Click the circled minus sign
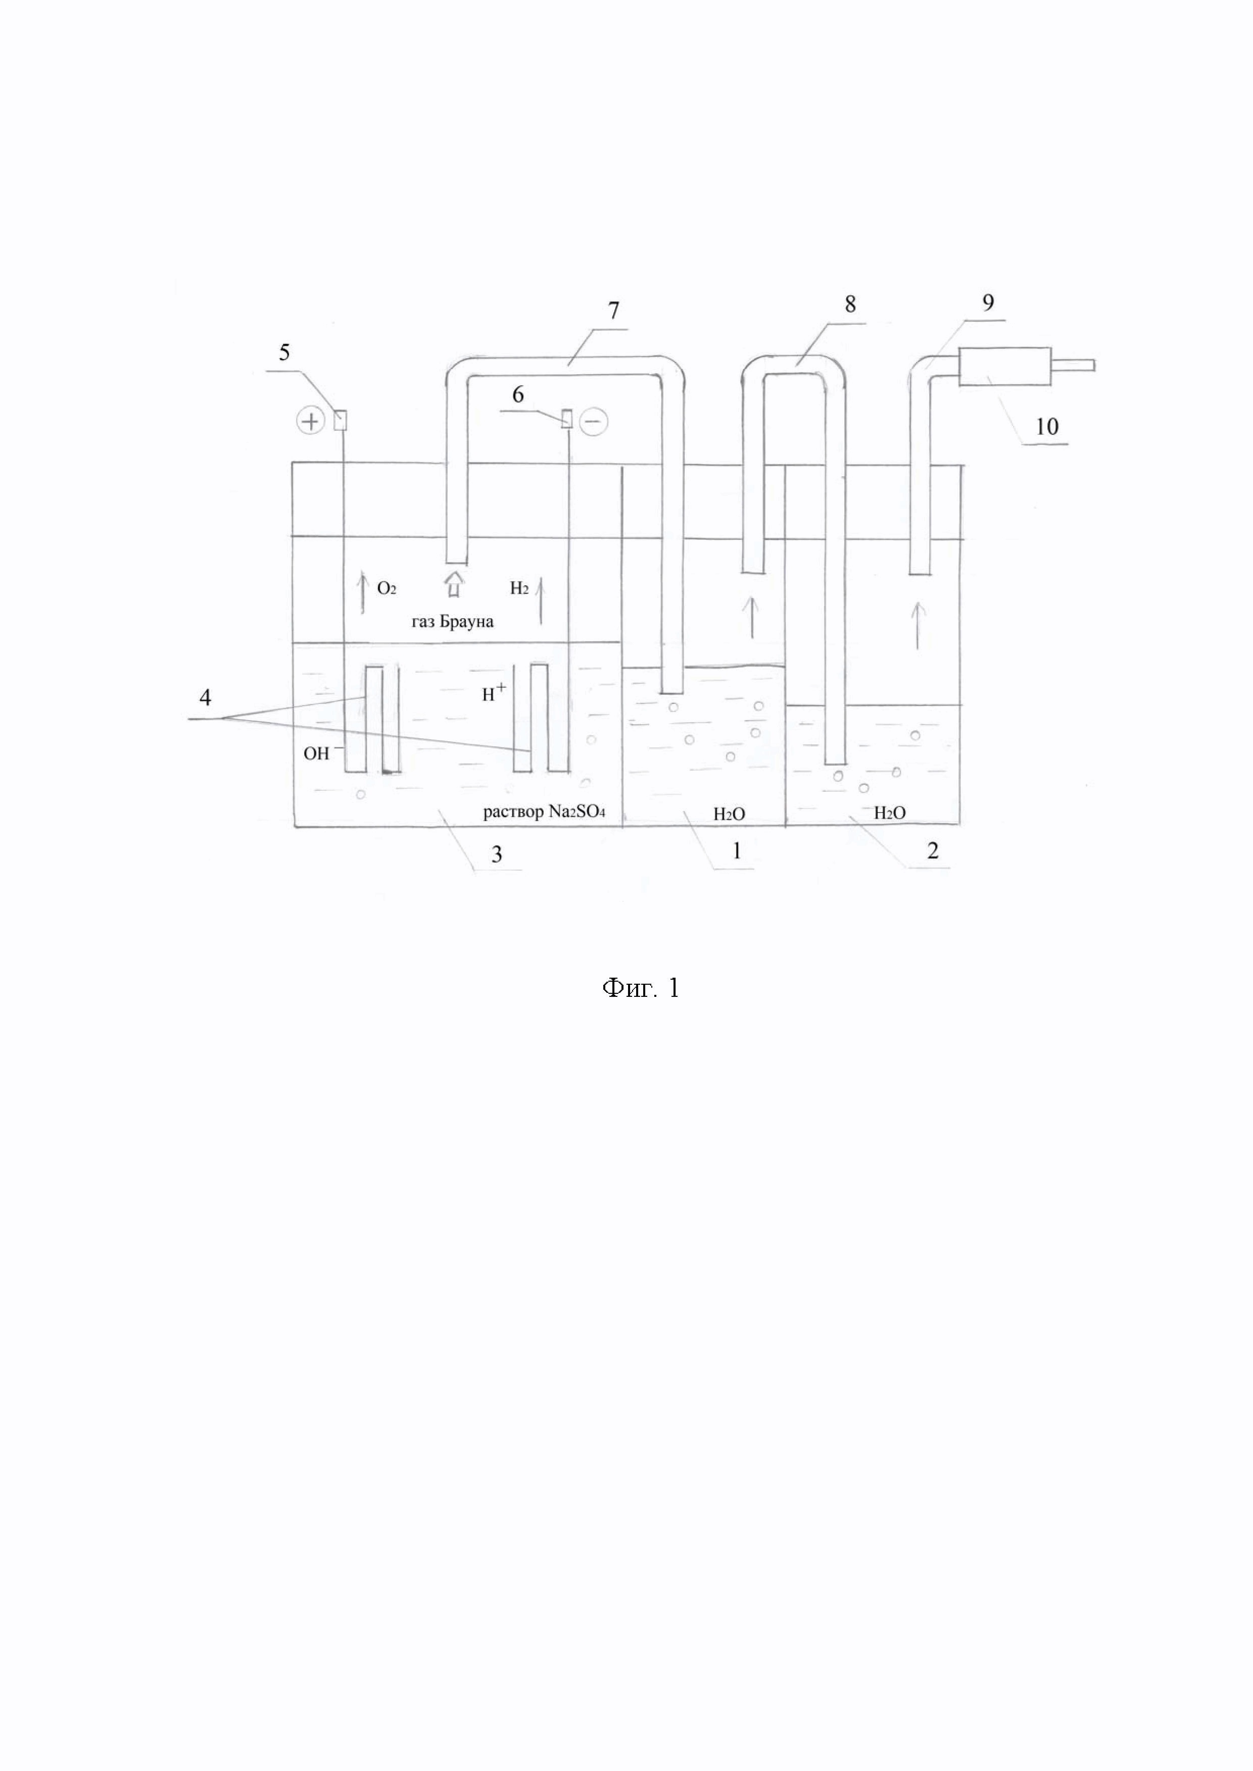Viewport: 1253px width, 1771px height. [593, 422]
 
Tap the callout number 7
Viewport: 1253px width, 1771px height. [613, 311]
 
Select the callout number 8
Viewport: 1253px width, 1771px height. [850, 304]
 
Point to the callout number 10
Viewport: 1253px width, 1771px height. [1047, 427]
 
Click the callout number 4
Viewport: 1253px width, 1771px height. [205, 697]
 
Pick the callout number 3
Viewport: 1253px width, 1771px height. [497, 854]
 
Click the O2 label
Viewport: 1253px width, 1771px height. [387, 588]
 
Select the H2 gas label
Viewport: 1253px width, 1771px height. [519, 588]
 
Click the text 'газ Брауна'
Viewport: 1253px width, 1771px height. [452, 622]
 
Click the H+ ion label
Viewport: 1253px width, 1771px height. [494, 693]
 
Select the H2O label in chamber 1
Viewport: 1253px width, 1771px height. [729, 814]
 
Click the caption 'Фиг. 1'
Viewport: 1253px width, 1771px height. [640, 988]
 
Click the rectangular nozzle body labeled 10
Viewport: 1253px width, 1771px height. [1004, 367]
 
